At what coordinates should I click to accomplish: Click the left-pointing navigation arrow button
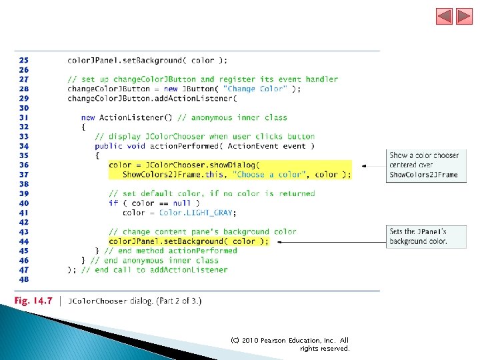point(444,16)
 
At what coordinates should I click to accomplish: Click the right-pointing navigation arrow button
point(464,16)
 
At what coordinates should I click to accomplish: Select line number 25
point(24,60)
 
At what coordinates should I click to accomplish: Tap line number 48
point(24,279)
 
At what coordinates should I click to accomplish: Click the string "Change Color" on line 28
point(255,89)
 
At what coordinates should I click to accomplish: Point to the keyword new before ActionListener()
point(88,117)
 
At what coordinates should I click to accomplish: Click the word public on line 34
point(109,146)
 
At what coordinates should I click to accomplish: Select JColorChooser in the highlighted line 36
point(175,165)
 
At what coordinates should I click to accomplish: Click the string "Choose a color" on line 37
point(269,175)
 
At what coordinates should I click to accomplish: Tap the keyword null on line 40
point(181,203)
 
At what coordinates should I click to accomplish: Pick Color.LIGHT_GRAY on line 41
point(196,213)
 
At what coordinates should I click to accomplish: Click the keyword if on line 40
point(113,203)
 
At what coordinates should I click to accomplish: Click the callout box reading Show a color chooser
point(426,165)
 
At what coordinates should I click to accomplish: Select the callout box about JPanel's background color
point(426,237)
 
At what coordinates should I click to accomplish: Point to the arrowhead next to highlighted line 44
point(279,242)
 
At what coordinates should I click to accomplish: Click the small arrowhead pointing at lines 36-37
point(364,166)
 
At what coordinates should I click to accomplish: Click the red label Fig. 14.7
point(33,301)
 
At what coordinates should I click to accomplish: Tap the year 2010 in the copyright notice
point(250,341)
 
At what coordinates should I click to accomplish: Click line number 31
point(24,117)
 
